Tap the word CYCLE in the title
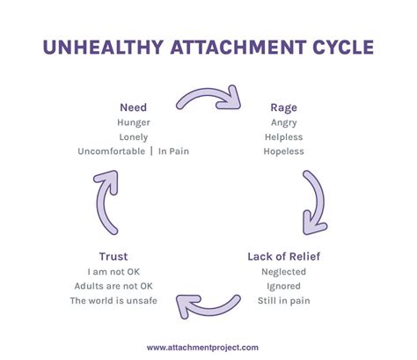click(x=343, y=47)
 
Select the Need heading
click(x=133, y=107)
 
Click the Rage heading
click(x=283, y=108)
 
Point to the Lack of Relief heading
click(x=283, y=256)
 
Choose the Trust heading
click(x=113, y=256)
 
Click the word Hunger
click(x=134, y=122)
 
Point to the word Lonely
click(x=134, y=137)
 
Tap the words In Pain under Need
click(x=173, y=151)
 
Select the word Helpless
click(x=283, y=137)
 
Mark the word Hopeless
click(x=283, y=151)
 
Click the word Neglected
click(x=283, y=272)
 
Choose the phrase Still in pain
click(x=283, y=301)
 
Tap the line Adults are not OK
click(x=113, y=286)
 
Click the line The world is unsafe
click(x=113, y=301)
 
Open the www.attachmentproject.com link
click(x=202, y=348)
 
